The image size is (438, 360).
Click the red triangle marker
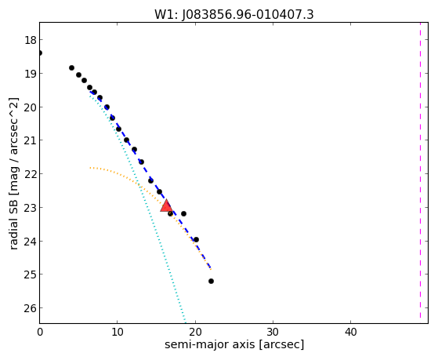tap(166, 205)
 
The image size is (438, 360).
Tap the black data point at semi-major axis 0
tap(40, 53)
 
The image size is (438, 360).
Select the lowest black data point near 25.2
tap(212, 281)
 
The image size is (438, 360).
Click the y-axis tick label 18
tap(31, 40)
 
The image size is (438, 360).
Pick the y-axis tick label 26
tap(31, 308)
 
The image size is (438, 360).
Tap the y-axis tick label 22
tap(31, 174)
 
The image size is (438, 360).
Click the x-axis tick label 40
tap(350, 332)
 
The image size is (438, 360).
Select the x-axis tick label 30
tap(273, 332)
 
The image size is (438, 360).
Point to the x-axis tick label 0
tap(40, 332)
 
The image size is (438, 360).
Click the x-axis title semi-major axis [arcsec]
tap(234, 344)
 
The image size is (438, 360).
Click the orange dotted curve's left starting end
tap(90, 168)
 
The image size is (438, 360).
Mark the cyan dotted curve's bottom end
tap(185, 321)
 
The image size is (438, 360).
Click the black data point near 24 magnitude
tap(196, 239)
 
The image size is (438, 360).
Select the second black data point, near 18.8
tap(71, 67)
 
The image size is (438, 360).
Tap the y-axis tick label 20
tap(31, 107)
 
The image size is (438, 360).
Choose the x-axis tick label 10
tap(118, 332)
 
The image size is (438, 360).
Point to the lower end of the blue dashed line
tap(211, 268)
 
